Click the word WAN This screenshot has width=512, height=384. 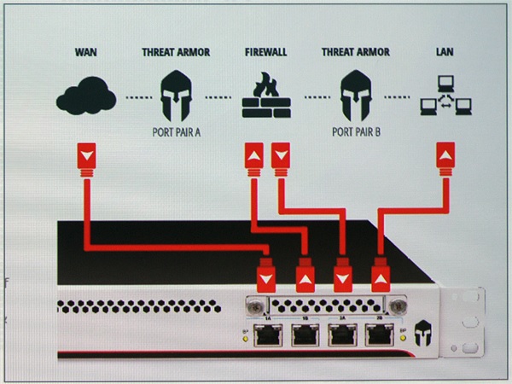pyautogui.click(x=85, y=52)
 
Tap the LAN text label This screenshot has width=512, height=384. pyautogui.click(x=444, y=52)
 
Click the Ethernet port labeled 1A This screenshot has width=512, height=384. pyautogui.click(x=266, y=334)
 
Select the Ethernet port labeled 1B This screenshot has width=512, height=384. pyautogui.click(x=305, y=334)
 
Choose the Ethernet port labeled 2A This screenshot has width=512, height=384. pyautogui.click(x=343, y=334)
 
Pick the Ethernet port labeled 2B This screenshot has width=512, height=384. pyautogui.click(x=381, y=334)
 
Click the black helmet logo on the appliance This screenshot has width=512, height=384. pyautogui.click(x=420, y=336)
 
